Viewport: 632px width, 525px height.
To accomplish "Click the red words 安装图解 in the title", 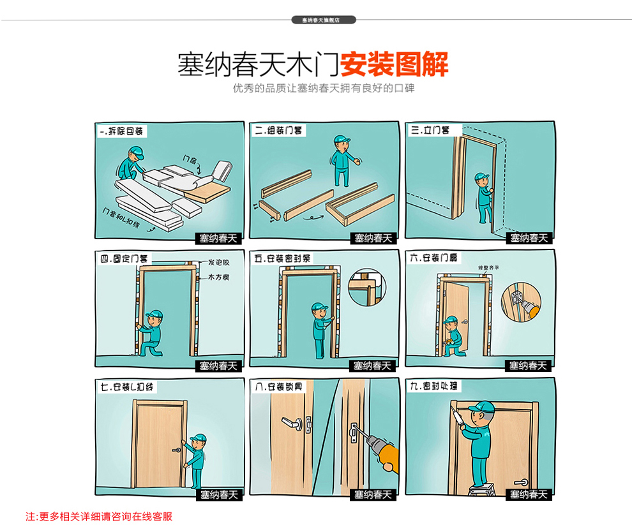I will click(394, 64).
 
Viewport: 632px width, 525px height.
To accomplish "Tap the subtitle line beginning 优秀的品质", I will click(324, 88).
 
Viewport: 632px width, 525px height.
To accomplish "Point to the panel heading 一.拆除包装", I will click(122, 131).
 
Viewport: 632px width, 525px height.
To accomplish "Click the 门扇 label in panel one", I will click(190, 158).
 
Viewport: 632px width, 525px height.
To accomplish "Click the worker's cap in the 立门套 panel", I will click(481, 177).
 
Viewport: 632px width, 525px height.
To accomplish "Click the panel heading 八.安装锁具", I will click(278, 387).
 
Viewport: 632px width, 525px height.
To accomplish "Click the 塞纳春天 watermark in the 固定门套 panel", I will click(218, 366).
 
